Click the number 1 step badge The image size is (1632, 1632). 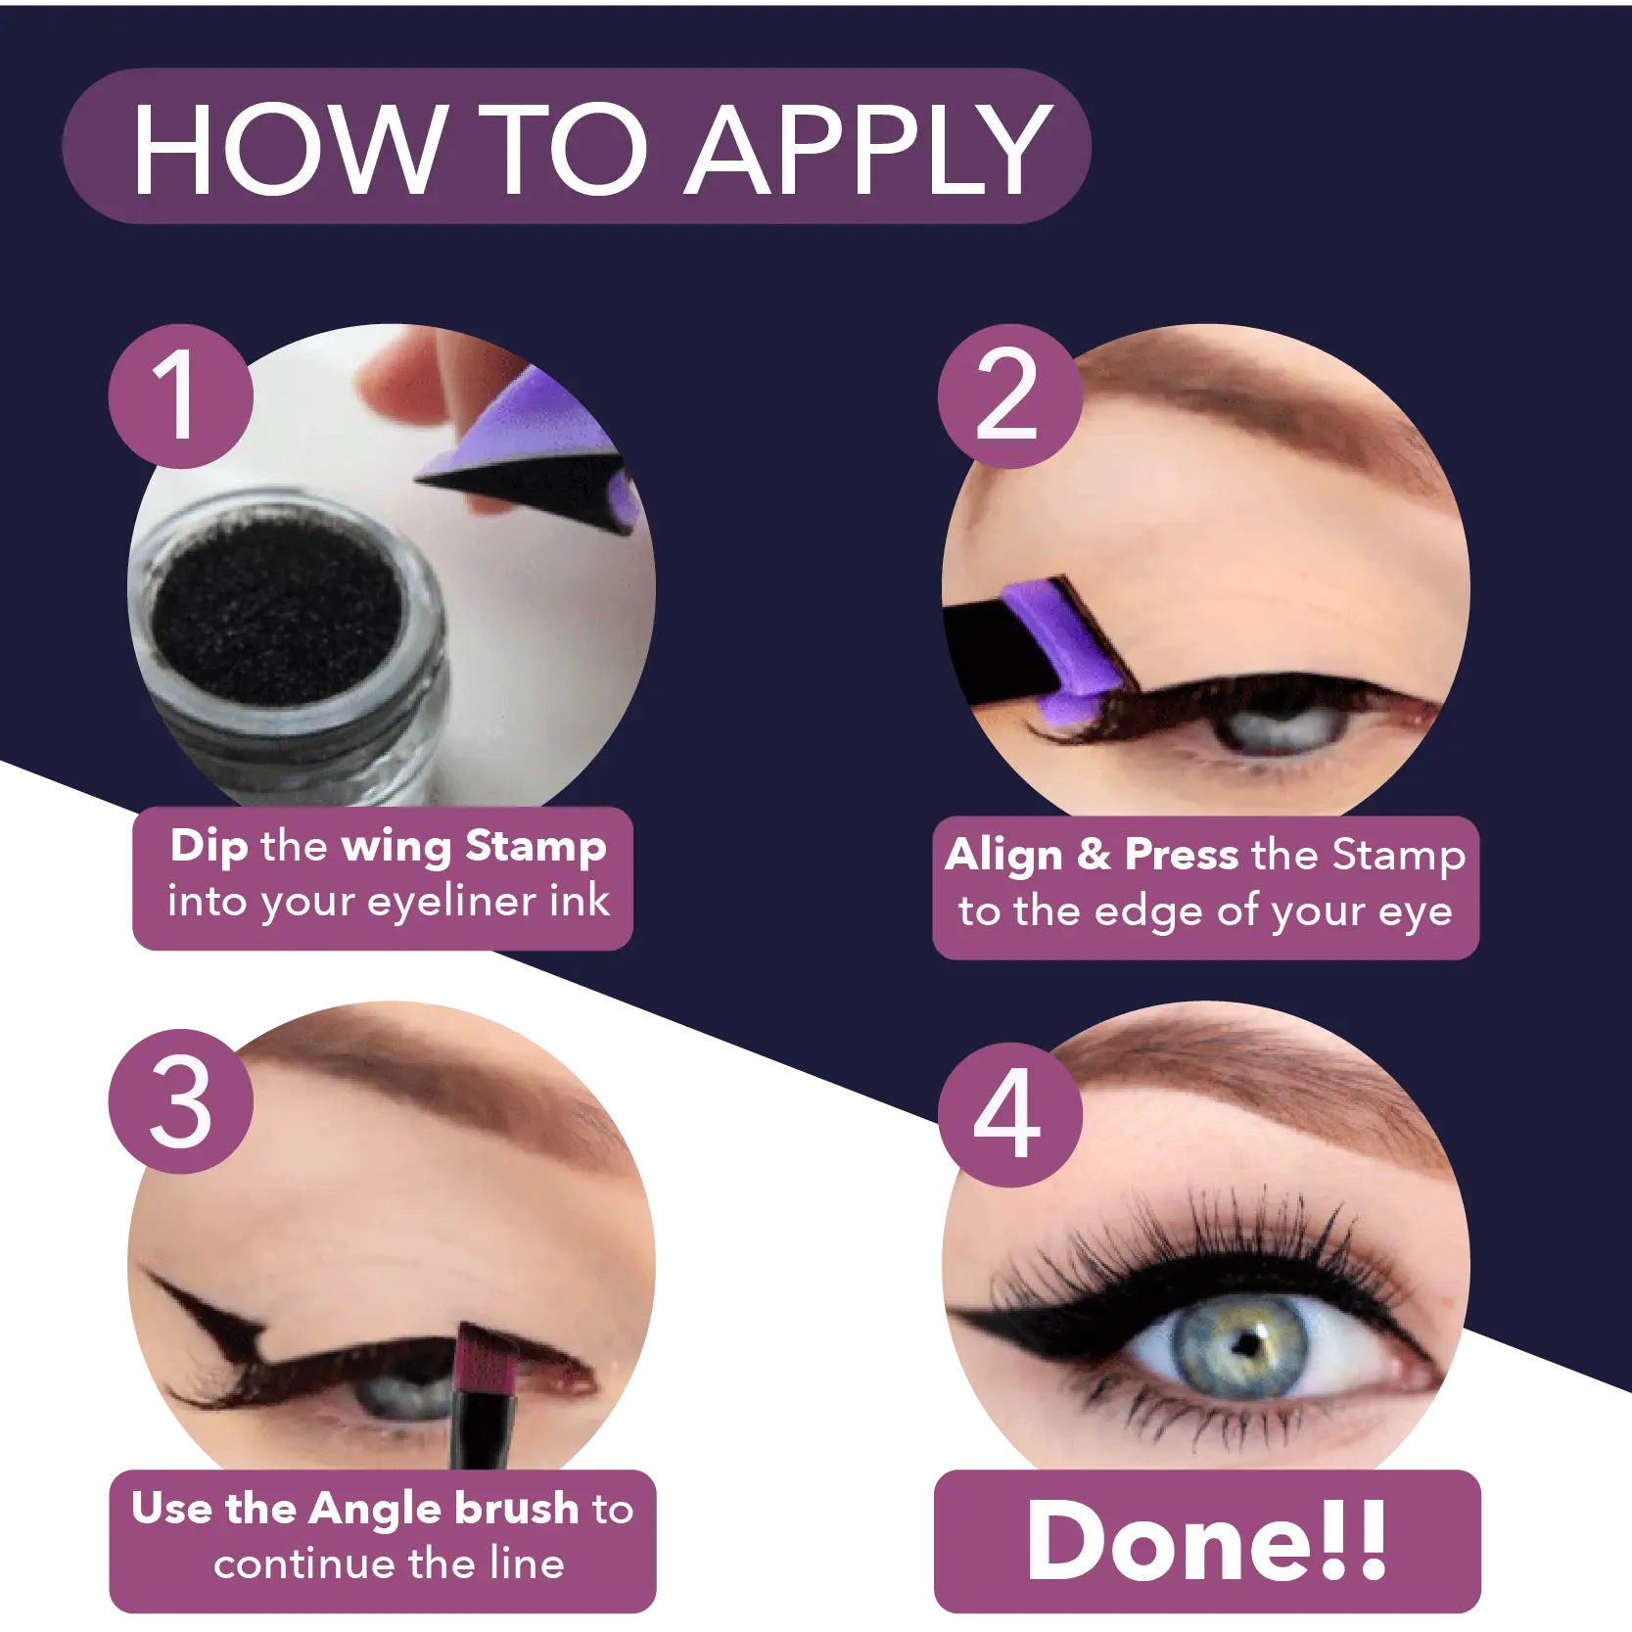(181, 396)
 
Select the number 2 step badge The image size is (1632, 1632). (1010, 396)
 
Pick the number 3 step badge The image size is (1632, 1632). (181, 1101)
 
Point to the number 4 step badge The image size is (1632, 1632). (1010, 1115)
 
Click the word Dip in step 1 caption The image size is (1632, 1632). (210, 847)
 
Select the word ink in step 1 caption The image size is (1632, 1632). (580, 901)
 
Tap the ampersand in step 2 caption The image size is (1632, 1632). (1095, 855)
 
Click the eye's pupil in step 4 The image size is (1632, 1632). (1245, 1343)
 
